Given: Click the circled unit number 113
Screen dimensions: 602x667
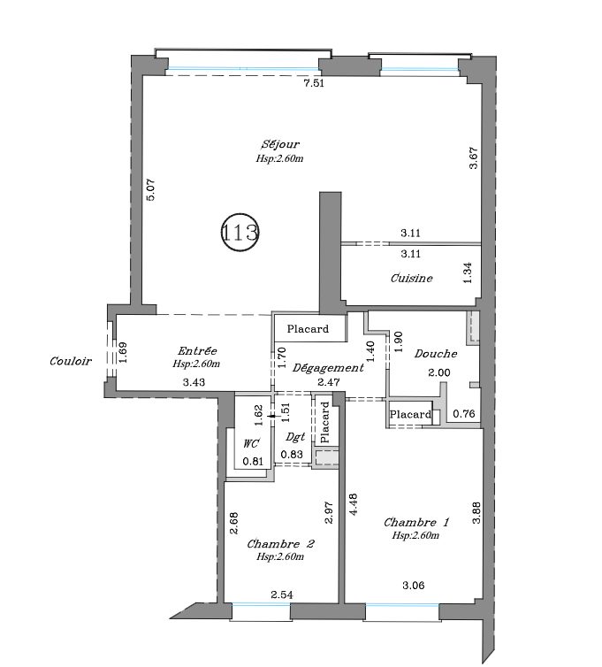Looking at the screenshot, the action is click(x=240, y=233).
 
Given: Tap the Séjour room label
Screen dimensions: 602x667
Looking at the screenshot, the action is click(x=280, y=144).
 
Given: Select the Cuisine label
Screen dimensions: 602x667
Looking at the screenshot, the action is click(x=412, y=278).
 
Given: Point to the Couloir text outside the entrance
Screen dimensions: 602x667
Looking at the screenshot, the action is click(x=71, y=361).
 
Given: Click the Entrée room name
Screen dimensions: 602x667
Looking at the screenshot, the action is click(x=197, y=350).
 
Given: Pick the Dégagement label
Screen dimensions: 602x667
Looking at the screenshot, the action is click(x=328, y=368).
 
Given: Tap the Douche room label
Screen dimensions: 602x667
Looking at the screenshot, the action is click(x=436, y=354).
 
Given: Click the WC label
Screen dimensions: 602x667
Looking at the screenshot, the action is click(x=251, y=444).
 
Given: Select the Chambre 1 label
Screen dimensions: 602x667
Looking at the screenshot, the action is click(x=416, y=522).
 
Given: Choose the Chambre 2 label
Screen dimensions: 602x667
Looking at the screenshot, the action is click(x=280, y=544).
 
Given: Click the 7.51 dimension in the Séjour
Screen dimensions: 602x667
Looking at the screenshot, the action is click(x=314, y=83).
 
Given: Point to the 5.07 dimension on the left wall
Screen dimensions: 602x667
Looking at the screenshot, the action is click(x=151, y=189).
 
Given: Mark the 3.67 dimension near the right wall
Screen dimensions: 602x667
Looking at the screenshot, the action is click(x=474, y=157).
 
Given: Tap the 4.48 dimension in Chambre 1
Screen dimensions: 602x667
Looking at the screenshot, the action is click(x=353, y=504).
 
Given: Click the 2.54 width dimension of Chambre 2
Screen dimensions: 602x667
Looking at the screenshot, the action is click(x=281, y=594).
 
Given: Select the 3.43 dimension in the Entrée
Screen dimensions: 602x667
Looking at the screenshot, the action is click(x=194, y=382).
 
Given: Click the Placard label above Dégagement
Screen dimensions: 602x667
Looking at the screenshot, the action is click(x=308, y=329).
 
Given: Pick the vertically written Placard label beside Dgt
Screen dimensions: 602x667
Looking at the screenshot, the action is click(x=324, y=423).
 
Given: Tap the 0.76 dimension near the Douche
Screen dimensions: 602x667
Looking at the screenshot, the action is click(x=464, y=413).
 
